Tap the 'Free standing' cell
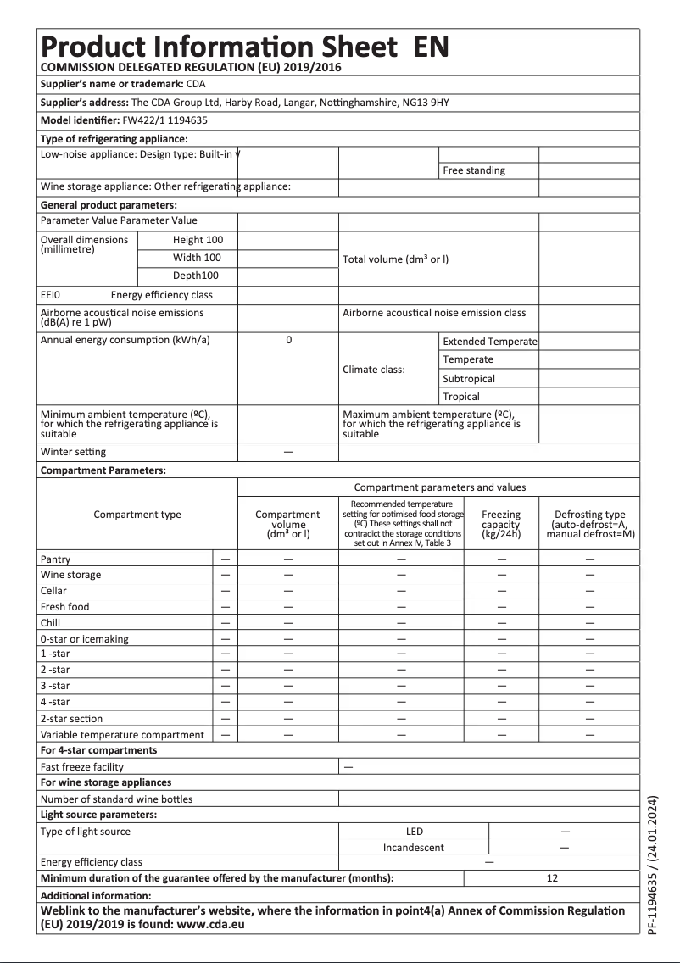(473, 170)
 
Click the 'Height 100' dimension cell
(198, 240)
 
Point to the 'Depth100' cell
(196, 276)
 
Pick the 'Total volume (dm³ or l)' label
(395, 259)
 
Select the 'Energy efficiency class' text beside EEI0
(161, 295)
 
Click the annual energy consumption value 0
(288, 340)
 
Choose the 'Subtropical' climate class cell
(468, 379)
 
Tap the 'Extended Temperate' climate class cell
(489, 342)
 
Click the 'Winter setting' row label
(73, 452)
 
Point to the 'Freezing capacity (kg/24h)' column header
(500, 525)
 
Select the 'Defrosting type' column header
(589, 525)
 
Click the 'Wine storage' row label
(70, 575)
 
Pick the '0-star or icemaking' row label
(85, 639)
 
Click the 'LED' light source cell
(414, 832)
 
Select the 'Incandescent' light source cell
(413, 847)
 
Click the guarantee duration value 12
(552, 878)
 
